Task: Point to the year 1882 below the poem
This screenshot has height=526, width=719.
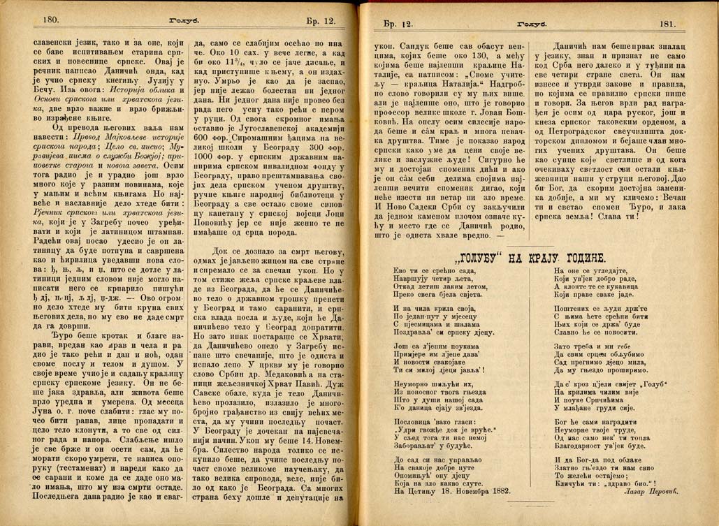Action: [497, 490]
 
